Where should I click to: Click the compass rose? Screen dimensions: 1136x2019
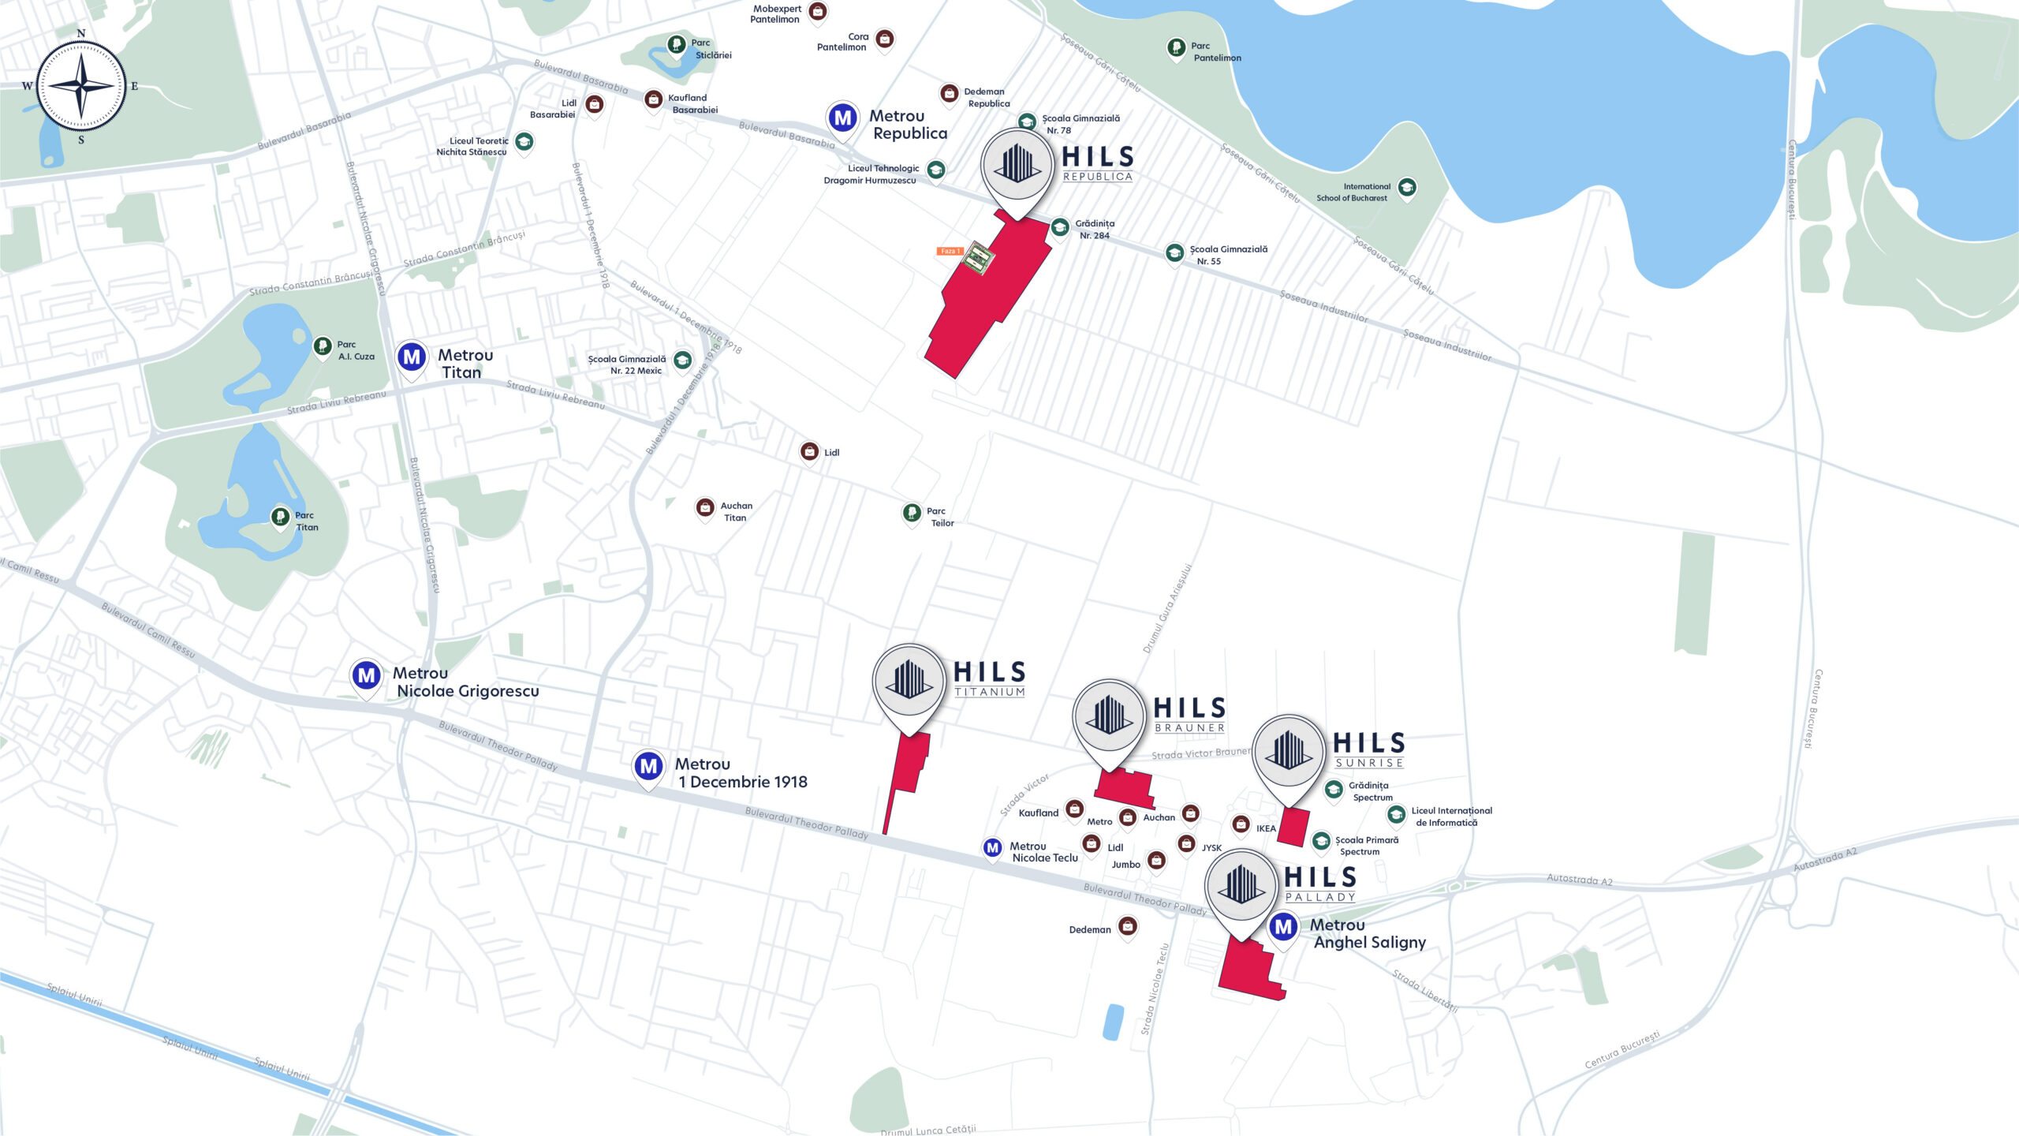point(81,86)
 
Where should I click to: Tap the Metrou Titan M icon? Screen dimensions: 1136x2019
point(412,357)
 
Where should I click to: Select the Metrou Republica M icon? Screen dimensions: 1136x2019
point(843,118)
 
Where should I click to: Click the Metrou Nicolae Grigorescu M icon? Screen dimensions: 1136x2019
point(367,675)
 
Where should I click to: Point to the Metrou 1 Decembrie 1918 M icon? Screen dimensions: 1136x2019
point(648,766)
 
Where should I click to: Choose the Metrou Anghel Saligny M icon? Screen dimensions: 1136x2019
point(1284,927)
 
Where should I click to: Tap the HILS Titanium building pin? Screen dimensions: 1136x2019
point(909,680)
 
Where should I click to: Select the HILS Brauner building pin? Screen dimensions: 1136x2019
point(1109,716)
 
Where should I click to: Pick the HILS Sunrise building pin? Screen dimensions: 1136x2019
point(1289,751)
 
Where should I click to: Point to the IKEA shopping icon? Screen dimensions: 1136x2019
point(1241,825)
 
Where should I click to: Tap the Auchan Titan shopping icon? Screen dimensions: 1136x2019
point(705,508)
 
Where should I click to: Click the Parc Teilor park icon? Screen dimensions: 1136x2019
point(912,514)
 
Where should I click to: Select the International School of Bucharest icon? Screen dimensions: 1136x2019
point(1407,188)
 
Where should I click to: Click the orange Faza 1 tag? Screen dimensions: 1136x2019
point(950,251)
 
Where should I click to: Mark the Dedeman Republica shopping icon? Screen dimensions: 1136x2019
point(950,93)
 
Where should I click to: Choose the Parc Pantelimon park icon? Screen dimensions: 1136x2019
point(1176,48)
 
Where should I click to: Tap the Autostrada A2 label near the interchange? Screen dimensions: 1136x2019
point(1579,880)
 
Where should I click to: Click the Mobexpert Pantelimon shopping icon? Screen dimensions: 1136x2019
point(818,12)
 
